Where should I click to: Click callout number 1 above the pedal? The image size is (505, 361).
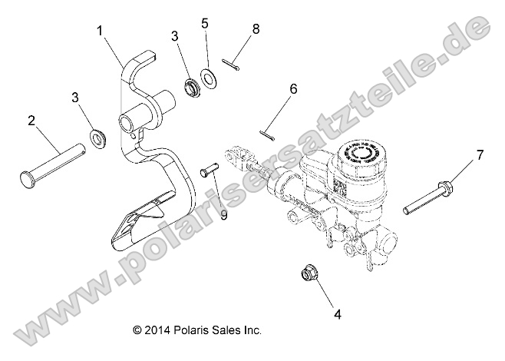coord(100,31)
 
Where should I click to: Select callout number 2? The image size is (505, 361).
coord(32,120)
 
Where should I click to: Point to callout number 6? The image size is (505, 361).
coord(292,89)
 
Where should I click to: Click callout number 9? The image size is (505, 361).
coord(223,216)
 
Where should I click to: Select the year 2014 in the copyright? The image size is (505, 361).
coord(156,330)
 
